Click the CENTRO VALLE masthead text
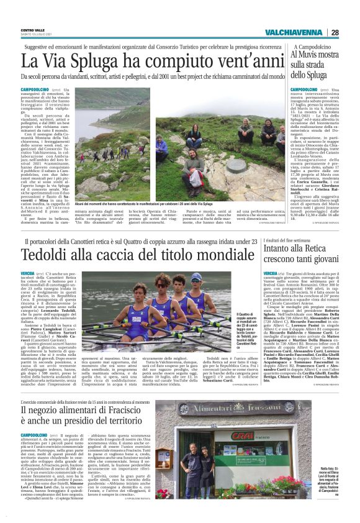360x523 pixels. click(32, 29)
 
